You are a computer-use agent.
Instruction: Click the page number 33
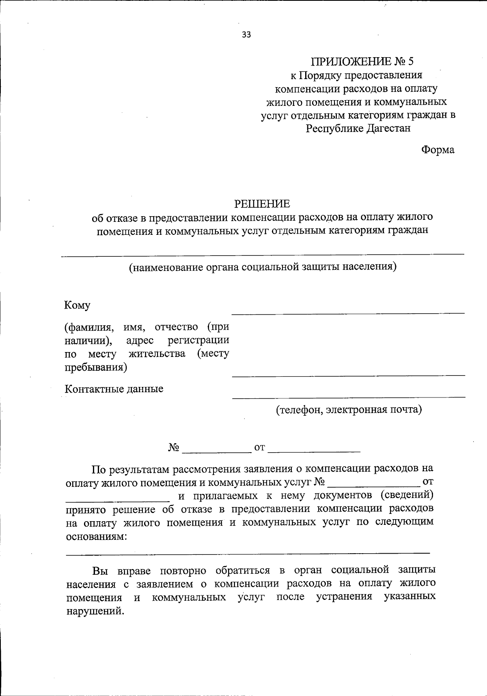pyautogui.click(x=246, y=35)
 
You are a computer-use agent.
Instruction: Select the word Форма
pyautogui.click(x=438, y=150)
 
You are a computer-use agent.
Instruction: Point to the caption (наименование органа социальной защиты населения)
pyautogui.click(x=262, y=267)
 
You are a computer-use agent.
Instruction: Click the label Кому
pyautogui.click(x=77, y=305)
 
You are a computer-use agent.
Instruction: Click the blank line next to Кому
pyautogui.click(x=348, y=312)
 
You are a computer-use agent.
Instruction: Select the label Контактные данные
pyautogui.click(x=114, y=389)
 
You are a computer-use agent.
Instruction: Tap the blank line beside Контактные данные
pyautogui.click(x=348, y=396)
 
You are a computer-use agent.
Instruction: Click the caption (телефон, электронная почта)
pyautogui.click(x=349, y=410)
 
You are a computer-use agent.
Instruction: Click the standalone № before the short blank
pyautogui.click(x=174, y=448)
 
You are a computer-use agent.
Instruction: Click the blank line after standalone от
pyautogui.click(x=314, y=451)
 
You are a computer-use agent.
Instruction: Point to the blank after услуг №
pyautogui.click(x=373, y=485)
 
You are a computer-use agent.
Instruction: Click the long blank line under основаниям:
pyautogui.click(x=248, y=552)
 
